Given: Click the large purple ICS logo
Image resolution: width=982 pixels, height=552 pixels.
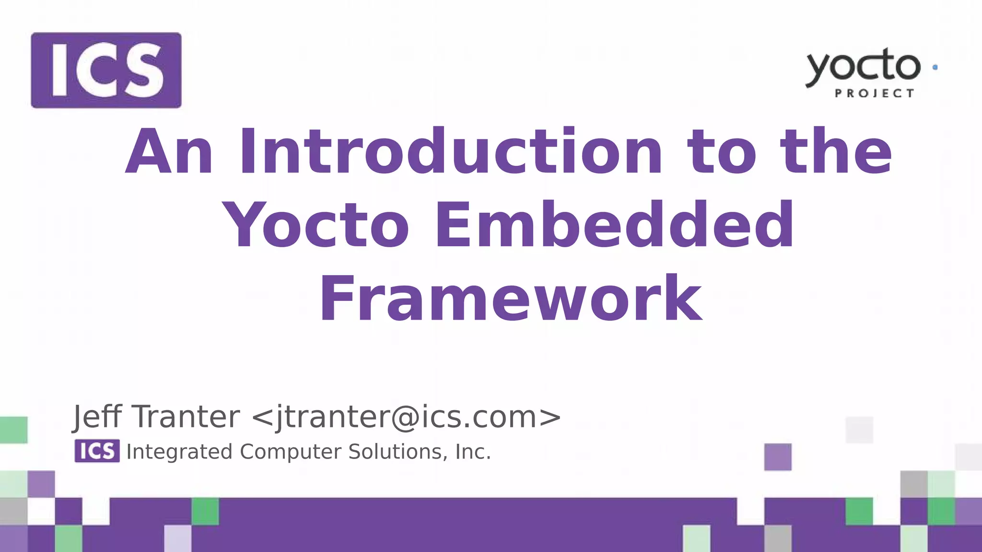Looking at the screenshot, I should [x=106, y=70].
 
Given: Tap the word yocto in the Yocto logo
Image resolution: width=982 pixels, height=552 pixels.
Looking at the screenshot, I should [x=863, y=67].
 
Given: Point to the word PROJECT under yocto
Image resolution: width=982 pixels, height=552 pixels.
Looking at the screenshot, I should [x=875, y=93].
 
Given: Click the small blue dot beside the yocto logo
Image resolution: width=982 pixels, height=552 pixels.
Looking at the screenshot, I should [x=935, y=68].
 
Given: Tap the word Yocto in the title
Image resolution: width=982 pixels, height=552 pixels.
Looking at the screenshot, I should [x=317, y=225].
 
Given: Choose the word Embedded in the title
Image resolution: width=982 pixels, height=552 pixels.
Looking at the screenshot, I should [x=614, y=225].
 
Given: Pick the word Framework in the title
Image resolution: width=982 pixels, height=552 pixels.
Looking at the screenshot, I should [x=511, y=299].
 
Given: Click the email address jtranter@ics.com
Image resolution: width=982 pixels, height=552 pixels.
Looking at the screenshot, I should [x=406, y=417].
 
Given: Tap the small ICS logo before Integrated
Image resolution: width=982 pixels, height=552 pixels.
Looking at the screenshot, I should [x=97, y=451].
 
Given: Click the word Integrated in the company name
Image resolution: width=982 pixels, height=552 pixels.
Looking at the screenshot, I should [x=179, y=452].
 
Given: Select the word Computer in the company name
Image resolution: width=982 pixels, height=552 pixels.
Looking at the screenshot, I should [x=291, y=452].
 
